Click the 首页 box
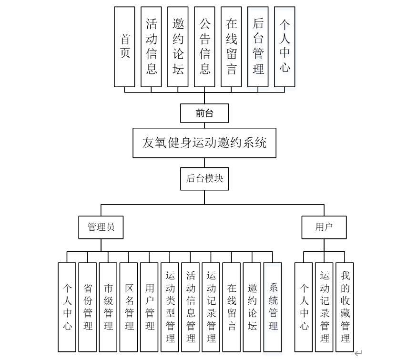click(125, 46)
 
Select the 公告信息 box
click(205, 46)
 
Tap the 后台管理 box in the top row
click(258, 46)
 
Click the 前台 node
click(204, 113)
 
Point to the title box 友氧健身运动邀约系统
click(204, 143)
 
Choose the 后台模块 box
click(204, 179)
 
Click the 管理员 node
click(101, 227)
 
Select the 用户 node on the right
click(324, 227)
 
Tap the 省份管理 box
click(88, 307)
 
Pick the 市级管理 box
click(108, 307)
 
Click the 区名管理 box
click(129, 307)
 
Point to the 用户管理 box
click(150, 307)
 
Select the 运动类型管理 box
click(170, 307)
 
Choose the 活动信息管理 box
click(191, 307)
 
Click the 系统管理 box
click(273, 307)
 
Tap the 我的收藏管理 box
click(345, 307)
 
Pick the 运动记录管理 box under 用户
click(325, 307)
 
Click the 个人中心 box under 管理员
click(67, 307)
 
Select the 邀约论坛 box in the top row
click(178, 46)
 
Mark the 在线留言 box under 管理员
click(232, 307)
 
